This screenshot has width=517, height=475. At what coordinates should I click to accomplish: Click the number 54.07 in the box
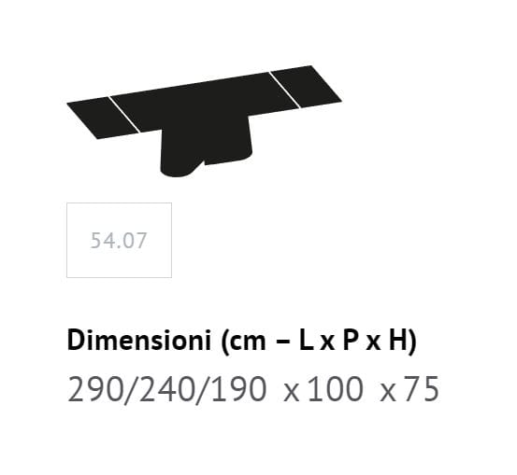(x=119, y=240)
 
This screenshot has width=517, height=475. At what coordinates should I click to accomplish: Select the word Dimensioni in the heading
(x=138, y=341)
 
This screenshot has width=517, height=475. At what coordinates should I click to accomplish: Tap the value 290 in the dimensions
(x=94, y=389)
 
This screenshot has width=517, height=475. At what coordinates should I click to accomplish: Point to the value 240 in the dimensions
(x=165, y=389)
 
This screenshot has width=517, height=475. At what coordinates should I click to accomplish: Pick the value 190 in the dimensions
(x=238, y=389)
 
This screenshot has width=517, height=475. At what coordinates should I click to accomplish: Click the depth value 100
(x=336, y=389)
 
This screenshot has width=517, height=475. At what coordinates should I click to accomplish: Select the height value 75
(x=421, y=389)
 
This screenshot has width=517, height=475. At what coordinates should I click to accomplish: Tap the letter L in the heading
(x=306, y=341)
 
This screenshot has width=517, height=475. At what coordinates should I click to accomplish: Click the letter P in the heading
(x=351, y=341)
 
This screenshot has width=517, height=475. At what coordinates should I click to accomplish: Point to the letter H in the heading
(x=397, y=341)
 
